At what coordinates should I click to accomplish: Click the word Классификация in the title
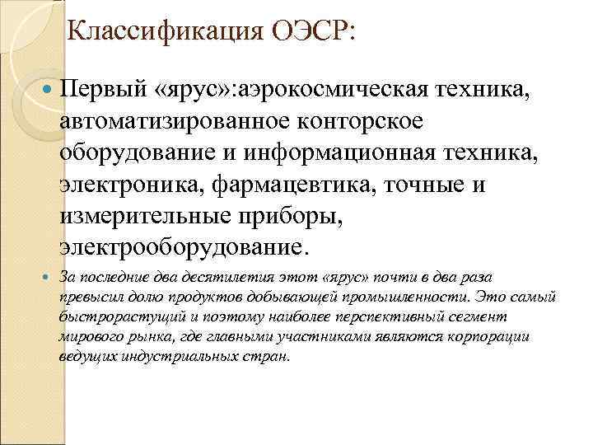(160, 32)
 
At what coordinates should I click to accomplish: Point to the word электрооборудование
(181, 248)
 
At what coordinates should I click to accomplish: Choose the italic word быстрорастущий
(112, 316)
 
